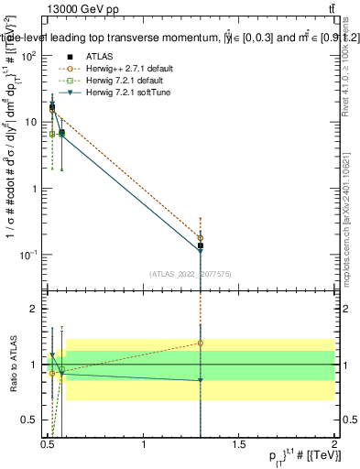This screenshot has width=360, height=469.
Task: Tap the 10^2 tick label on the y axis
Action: (28, 57)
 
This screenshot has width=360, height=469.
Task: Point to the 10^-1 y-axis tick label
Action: (28, 255)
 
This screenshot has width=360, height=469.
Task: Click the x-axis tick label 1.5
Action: (240, 444)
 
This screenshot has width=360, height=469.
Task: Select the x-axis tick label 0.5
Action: (49, 444)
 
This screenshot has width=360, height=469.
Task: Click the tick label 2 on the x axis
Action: (334, 444)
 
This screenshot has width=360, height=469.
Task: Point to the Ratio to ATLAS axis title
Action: (12, 365)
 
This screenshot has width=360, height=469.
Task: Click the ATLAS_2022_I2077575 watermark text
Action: (192, 273)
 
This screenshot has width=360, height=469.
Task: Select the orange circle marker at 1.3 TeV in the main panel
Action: (201, 237)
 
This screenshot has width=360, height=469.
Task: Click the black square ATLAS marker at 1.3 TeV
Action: (201, 245)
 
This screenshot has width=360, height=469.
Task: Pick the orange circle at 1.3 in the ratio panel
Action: (201, 343)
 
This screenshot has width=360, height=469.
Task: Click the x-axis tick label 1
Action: (144, 444)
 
